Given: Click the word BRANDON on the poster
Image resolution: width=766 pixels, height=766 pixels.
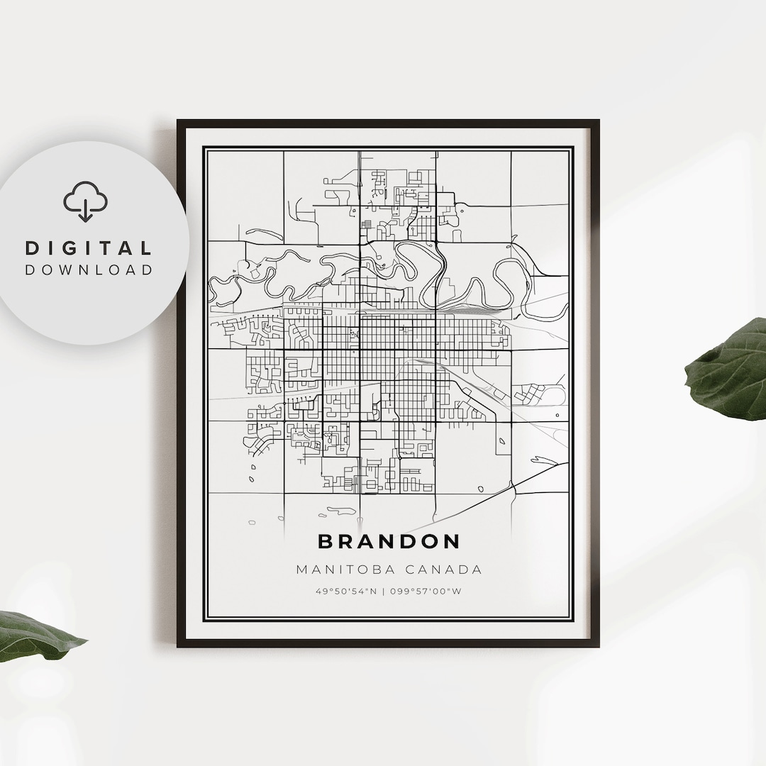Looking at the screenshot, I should pyautogui.click(x=389, y=542).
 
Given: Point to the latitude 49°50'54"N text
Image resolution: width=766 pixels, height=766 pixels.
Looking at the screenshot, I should pyautogui.click(x=347, y=592).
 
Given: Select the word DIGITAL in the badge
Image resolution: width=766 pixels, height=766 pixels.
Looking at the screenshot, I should pyautogui.click(x=89, y=248).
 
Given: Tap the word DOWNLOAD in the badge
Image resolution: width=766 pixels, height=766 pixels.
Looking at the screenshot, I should pyautogui.click(x=89, y=270).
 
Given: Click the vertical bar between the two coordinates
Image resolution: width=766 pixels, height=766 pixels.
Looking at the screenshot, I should pyautogui.click(x=384, y=592).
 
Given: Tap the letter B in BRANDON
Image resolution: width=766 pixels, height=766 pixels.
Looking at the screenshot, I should pyautogui.click(x=326, y=542).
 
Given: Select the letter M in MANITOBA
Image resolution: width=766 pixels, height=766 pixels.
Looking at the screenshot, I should pyautogui.click(x=301, y=570).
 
